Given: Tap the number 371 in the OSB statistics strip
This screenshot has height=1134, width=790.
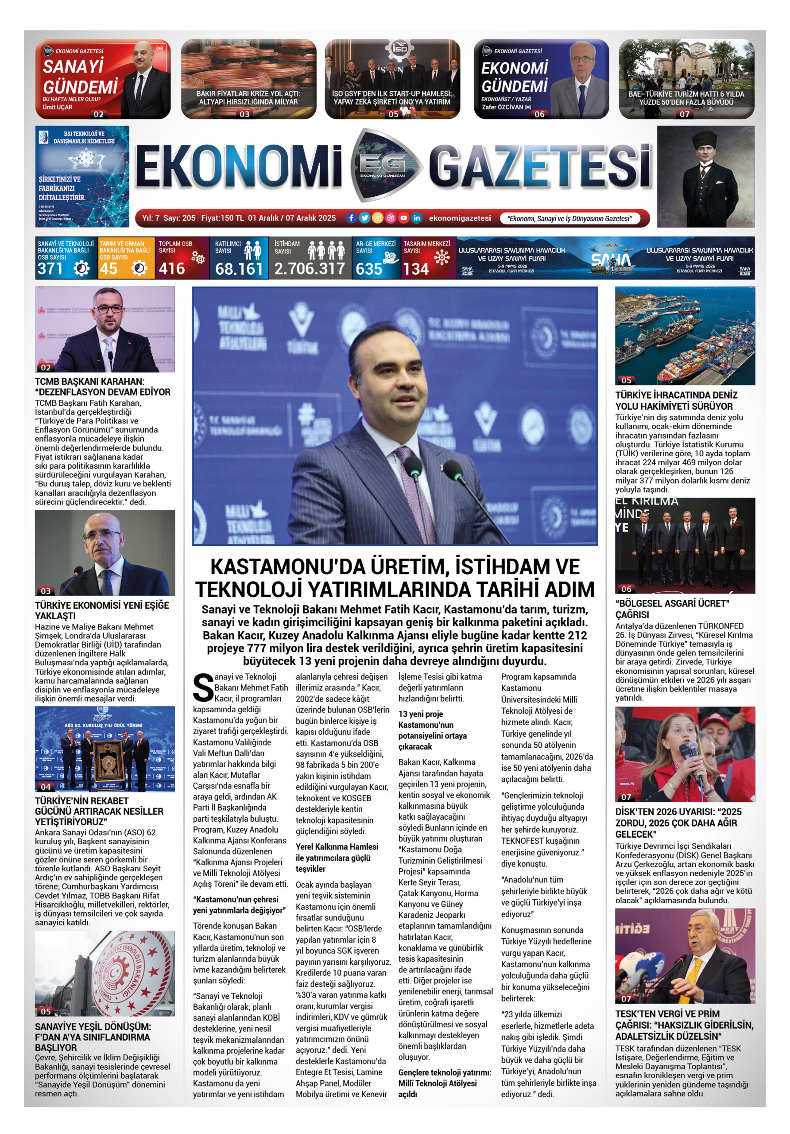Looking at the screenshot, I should pos(50,269).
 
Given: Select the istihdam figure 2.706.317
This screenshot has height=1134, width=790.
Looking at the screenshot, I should pos(310,269).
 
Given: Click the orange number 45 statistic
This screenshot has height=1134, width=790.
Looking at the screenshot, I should pos(108,269).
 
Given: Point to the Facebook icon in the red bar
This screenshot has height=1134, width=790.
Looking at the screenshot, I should pos(351,218).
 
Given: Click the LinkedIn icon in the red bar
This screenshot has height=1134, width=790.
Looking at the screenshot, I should pos(417,218).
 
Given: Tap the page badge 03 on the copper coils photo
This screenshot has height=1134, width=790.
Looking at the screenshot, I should pos(244,114).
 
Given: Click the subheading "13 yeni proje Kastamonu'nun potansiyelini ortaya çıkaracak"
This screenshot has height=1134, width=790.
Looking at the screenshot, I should pos(432,730).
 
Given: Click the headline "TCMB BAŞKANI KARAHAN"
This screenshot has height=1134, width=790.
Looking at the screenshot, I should pos(89,382).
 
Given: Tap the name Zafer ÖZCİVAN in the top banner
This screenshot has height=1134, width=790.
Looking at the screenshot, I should pos(502,107).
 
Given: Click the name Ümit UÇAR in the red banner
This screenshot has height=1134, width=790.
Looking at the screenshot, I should pos(57,107).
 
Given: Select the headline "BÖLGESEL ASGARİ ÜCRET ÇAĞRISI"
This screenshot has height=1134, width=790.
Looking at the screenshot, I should pos(672,609).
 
